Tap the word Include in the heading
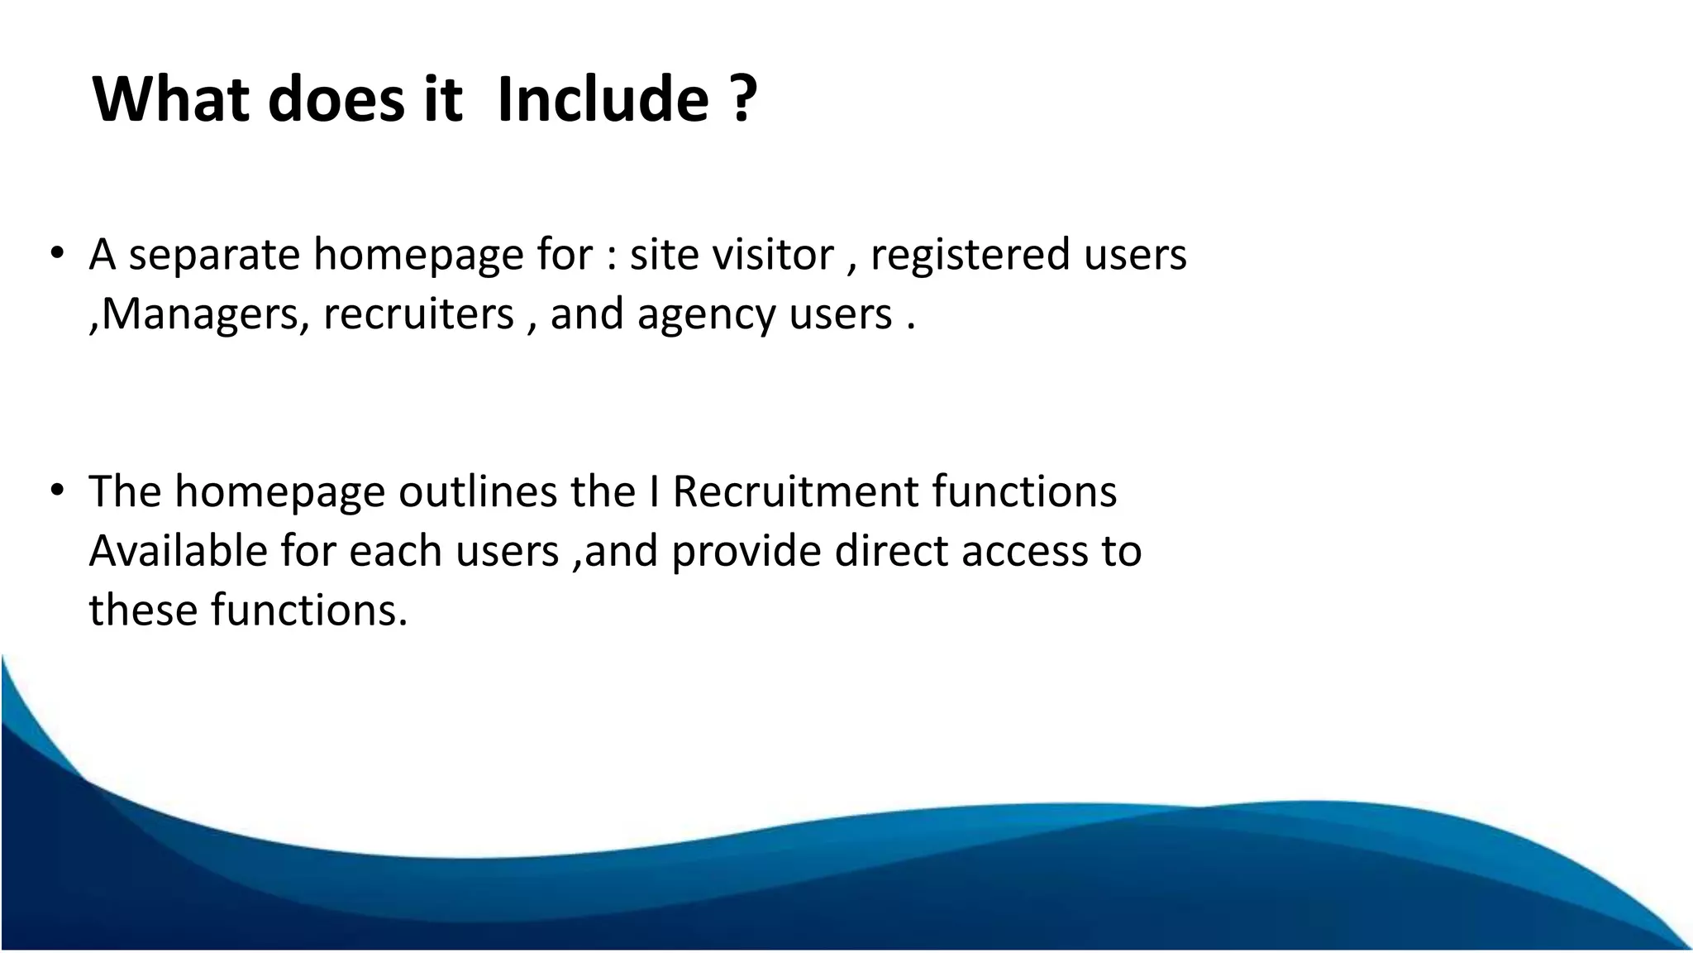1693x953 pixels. (603, 99)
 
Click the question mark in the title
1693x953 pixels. (743, 99)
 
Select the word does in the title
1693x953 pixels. (335, 99)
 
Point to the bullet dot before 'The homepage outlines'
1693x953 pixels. (56, 491)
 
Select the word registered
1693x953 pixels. (970, 255)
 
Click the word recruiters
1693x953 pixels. (418, 314)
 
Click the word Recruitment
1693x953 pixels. (795, 491)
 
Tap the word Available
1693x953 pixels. (178, 551)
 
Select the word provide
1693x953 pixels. (746, 553)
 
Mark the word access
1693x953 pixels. (1024, 553)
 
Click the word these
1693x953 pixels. (143, 611)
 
